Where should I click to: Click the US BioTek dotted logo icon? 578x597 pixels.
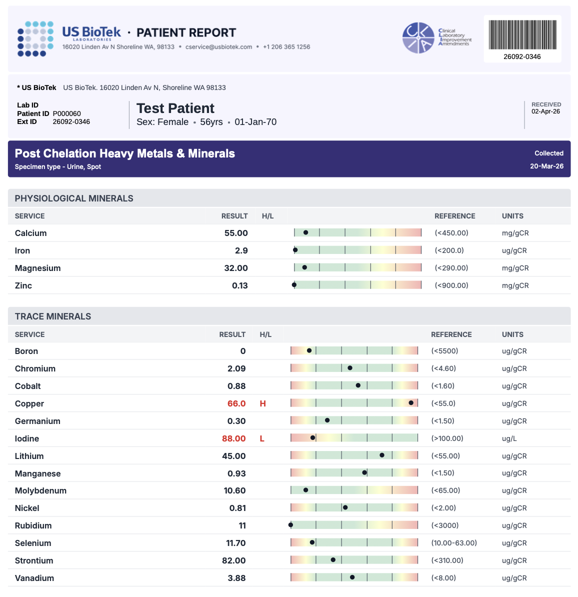click(35, 38)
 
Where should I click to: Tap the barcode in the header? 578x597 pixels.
click(522, 35)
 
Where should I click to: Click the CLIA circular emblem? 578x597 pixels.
click(418, 38)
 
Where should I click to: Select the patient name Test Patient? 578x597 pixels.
click(175, 108)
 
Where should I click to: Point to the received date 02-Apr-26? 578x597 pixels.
click(545, 111)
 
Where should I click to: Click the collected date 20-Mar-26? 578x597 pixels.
click(546, 166)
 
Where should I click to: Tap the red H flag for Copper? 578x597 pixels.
click(262, 403)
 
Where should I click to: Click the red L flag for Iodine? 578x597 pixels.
click(262, 438)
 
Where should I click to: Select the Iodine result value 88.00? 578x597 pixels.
click(234, 438)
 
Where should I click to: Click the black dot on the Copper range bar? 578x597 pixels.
click(411, 402)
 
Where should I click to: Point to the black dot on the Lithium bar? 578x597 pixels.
click(382, 455)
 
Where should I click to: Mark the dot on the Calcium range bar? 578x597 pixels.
click(305, 232)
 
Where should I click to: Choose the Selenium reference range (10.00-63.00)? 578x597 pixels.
click(454, 543)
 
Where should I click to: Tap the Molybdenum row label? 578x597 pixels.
click(40, 490)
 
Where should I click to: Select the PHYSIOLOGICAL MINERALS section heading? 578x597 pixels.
click(74, 198)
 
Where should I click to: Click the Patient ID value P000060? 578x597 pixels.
click(66, 113)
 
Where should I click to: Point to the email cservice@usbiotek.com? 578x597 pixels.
click(218, 47)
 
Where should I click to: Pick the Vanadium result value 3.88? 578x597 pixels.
click(236, 578)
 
